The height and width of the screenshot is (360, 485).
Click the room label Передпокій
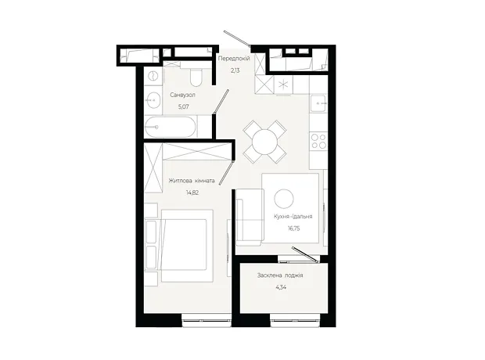pos(234,59)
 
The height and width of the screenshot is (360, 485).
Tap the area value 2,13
pos(235,70)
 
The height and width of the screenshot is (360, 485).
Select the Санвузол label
pos(182,95)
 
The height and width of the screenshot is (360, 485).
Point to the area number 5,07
pos(183,106)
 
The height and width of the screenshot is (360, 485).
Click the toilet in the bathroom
pos(196,77)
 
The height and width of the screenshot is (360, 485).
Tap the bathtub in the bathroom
pos(170,127)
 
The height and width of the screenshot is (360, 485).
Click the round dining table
pos(264,142)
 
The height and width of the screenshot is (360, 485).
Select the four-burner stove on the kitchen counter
pos(319,141)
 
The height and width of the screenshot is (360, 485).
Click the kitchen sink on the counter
pos(319,103)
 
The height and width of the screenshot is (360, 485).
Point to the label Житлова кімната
pos(192,181)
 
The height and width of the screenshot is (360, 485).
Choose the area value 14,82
pos(192,193)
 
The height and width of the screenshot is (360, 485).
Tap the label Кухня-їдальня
pos(293,216)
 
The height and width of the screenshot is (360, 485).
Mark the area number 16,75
pos(294,229)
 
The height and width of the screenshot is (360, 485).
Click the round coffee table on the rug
pos(284,199)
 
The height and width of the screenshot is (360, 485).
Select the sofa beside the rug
pos(250,217)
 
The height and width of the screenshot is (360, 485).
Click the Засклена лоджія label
pos(280,275)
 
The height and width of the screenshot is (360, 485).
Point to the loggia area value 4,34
pos(281,287)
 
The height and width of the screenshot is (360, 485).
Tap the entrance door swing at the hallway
pos(237,38)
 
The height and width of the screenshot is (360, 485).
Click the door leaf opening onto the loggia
pos(305,255)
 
